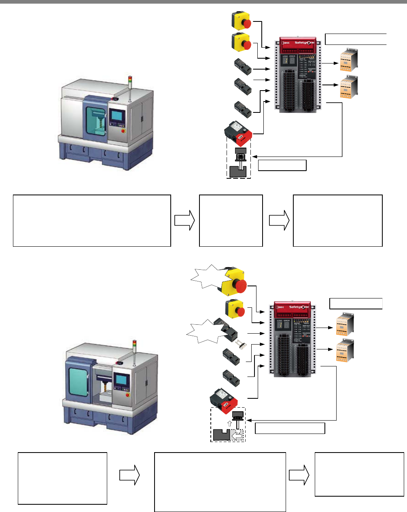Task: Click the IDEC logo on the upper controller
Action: click(x=285, y=42)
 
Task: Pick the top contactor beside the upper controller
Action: click(x=348, y=60)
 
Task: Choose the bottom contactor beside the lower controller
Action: click(x=345, y=351)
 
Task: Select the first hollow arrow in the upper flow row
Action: click(x=185, y=221)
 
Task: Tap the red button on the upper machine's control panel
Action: click(x=123, y=131)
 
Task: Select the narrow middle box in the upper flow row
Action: click(x=231, y=220)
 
